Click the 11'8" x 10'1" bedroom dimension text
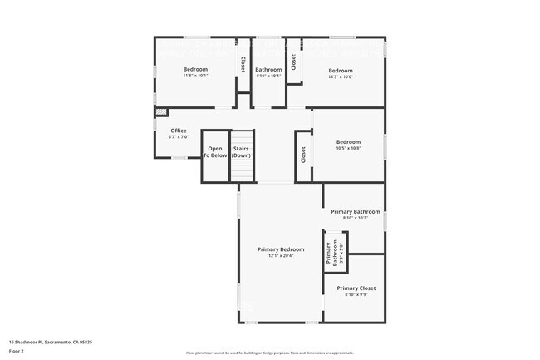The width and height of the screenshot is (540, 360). [x=195, y=76]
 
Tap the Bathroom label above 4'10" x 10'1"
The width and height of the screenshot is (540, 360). [x=268, y=69]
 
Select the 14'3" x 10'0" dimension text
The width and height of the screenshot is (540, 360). [x=341, y=76]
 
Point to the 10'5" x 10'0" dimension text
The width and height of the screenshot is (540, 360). [x=348, y=147]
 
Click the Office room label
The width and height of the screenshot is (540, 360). [x=179, y=131]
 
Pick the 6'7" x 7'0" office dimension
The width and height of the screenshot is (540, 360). [x=179, y=136]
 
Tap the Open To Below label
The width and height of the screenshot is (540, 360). [x=215, y=152]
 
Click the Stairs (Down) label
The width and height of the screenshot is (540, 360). [x=242, y=152]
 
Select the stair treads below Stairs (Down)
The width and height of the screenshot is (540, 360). [x=242, y=170]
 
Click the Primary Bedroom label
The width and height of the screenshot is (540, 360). [x=280, y=249]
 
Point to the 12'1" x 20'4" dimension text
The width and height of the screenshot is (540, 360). [x=280, y=256]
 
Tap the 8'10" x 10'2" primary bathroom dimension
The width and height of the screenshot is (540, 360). [x=356, y=218]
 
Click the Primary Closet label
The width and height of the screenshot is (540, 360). [x=356, y=288]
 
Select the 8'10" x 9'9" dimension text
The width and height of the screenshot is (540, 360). [x=356, y=294]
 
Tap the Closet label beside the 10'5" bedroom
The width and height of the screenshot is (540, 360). [x=303, y=154]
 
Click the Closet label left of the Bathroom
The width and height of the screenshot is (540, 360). [x=243, y=63]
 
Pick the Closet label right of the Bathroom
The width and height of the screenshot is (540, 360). [x=293, y=61]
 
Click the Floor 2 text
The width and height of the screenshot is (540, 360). [x=17, y=352]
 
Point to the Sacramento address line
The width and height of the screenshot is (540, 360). [x=50, y=342]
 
